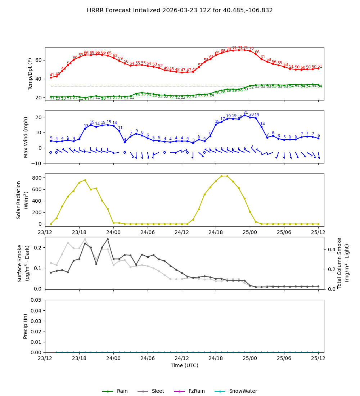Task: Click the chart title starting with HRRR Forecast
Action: (180, 10)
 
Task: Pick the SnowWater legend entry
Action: (243, 391)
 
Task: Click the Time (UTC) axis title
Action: (184, 365)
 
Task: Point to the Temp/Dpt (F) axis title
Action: (31, 74)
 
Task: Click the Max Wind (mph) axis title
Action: (26, 137)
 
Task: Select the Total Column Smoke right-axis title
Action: (343, 263)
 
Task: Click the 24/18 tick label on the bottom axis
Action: (216, 359)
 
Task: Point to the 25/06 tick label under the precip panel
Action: (284, 359)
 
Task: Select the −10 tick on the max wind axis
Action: (36, 163)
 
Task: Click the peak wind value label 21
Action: (246, 113)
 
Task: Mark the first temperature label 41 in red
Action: (52, 75)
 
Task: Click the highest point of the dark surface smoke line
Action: (108, 239)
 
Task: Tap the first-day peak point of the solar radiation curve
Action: (85, 180)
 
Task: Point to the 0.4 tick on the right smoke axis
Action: (331, 249)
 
